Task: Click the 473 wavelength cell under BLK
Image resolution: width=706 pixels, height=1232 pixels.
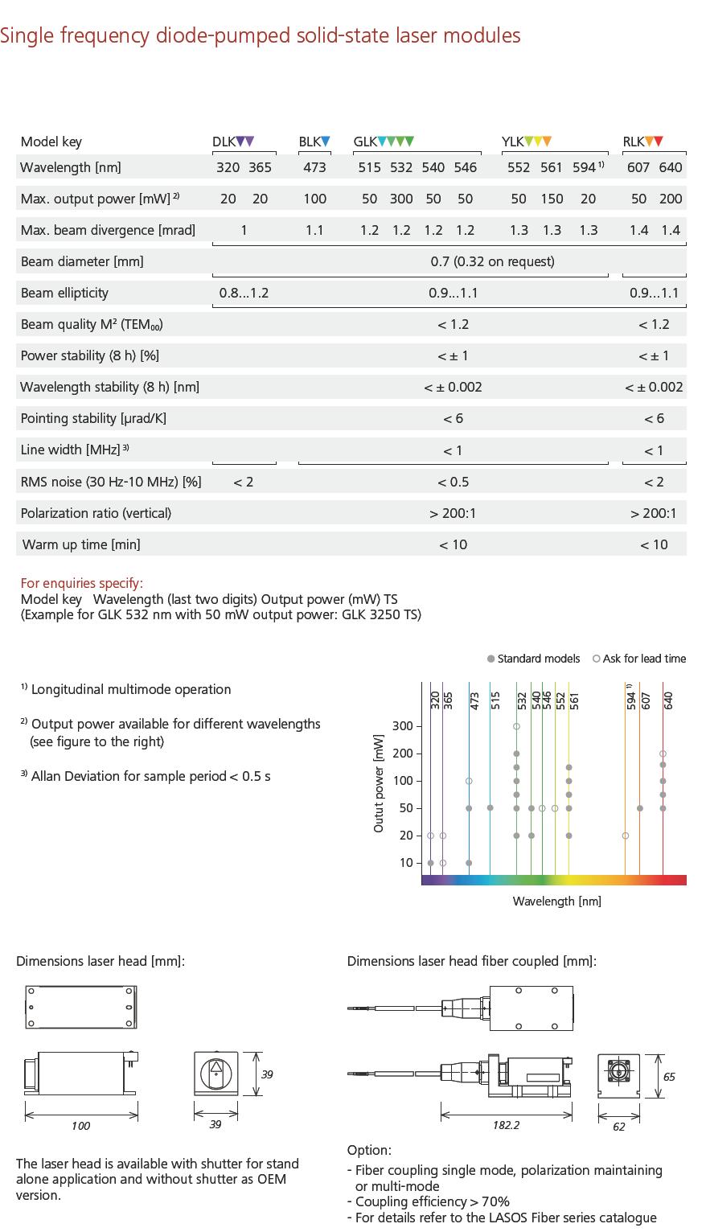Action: (314, 167)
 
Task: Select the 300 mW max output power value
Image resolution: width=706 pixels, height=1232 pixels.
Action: (401, 199)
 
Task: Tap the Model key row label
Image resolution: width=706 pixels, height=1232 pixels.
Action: (51, 142)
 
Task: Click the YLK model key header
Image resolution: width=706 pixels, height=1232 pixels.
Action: (527, 142)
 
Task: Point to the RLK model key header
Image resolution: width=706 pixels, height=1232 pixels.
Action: (642, 142)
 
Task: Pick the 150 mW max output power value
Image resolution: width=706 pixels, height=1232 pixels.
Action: (552, 199)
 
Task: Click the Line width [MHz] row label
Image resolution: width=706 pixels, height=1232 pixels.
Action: (75, 450)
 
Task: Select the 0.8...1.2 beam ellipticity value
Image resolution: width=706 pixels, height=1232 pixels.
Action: (244, 293)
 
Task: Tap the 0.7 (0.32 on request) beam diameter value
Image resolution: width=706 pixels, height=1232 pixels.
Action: (492, 261)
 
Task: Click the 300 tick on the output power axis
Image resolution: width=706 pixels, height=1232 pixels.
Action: (402, 726)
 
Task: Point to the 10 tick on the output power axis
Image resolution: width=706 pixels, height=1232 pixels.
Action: (405, 863)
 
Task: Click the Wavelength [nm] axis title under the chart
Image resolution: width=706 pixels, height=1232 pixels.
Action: (556, 901)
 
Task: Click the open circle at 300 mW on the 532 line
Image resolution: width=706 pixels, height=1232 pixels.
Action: (516, 726)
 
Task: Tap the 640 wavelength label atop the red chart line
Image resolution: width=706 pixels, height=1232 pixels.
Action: (668, 700)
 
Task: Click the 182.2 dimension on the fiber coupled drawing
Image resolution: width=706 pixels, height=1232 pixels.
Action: (506, 1125)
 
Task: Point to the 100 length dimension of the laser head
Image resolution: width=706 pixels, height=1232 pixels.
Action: (80, 1126)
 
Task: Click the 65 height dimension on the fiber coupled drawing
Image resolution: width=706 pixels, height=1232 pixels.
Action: (669, 1076)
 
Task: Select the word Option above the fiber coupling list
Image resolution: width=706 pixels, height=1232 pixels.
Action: (368, 1150)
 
